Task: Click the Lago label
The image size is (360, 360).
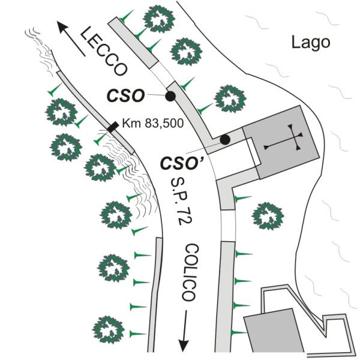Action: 310,43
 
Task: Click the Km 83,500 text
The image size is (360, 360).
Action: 150,124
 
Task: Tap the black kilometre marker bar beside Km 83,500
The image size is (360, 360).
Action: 112,126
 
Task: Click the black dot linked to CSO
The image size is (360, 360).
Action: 170,95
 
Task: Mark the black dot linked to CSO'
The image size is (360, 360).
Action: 224,139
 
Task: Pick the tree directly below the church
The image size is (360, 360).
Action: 267,215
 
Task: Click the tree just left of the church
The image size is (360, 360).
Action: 230,98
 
